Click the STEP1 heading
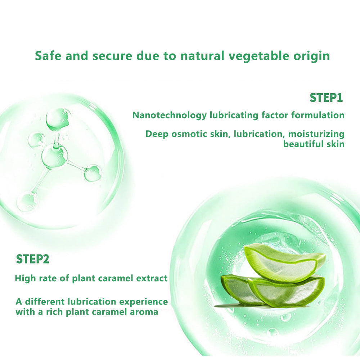pyautogui.click(x=326, y=98)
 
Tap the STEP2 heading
pyautogui.click(x=33, y=259)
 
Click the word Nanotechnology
pyautogui.click(x=170, y=115)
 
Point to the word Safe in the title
pyautogui.click(x=48, y=55)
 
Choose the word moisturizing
pyautogui.click(x=316, y=134)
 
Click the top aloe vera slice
pyautogui.click(x=285, y=262)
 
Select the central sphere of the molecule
pyautogui.click(x=55, y=156)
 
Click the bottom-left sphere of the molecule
pyautogui.click(x=27, y=202)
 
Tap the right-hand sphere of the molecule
pyautogui.click(x=93, y=173)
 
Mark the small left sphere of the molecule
pyautogui.click(x=37, y=140)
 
